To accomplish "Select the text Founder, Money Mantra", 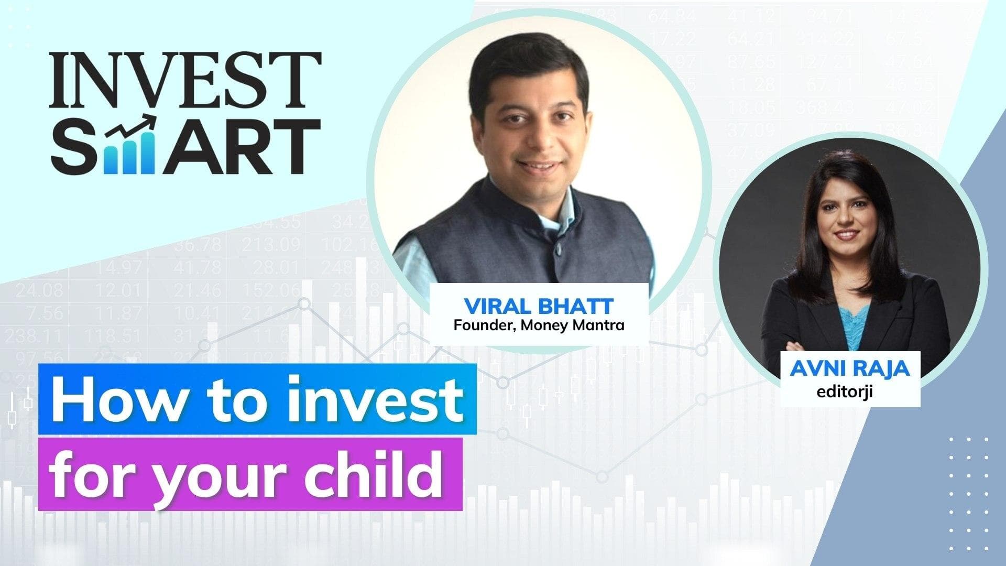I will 539,325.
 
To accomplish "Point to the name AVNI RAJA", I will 850,368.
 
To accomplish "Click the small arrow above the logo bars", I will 137,124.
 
